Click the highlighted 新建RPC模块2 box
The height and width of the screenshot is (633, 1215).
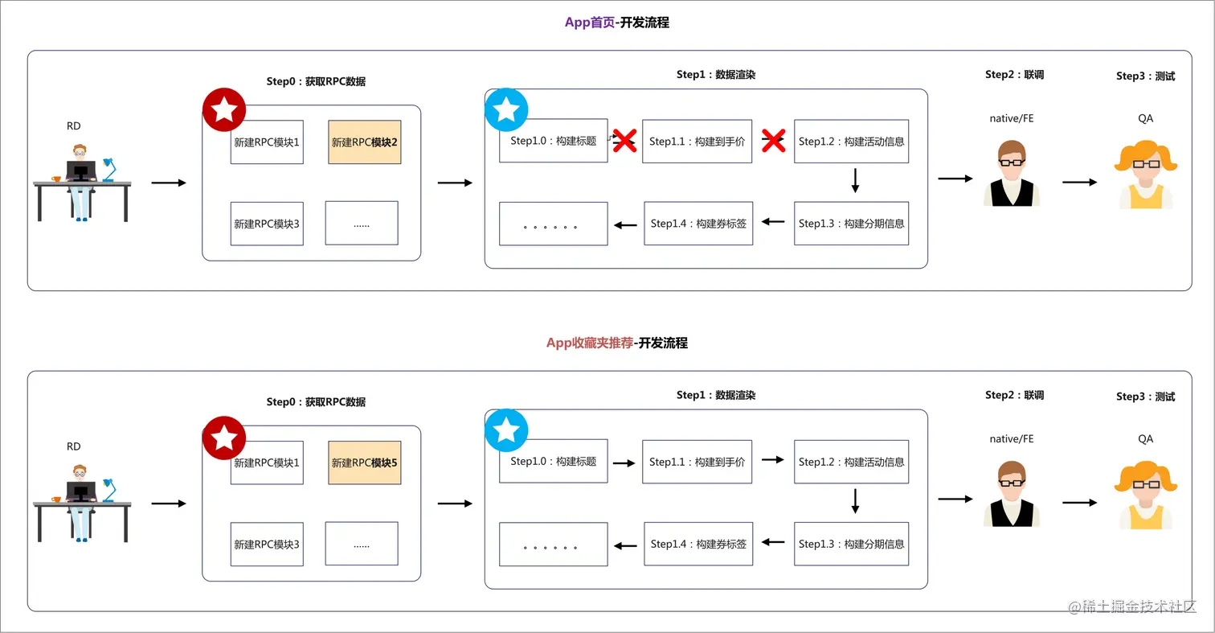[x=364, y=142]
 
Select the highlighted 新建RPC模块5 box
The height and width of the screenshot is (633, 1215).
[x=364, y=462]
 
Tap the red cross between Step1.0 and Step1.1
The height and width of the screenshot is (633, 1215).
[x=624, y=141]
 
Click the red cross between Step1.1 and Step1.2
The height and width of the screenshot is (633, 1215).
[x=773, y=141]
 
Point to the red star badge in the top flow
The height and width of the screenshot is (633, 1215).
[x=223, y=110]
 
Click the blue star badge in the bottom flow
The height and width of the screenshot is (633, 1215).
[x=506, y=431]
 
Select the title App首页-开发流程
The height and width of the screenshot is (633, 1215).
[x=616, y=23]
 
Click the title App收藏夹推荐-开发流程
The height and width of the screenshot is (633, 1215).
[x=616, y=343]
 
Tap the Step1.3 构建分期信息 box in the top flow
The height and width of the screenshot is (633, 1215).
[x=851, y=223]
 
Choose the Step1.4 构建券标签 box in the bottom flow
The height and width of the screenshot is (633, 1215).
[x=698, y=544]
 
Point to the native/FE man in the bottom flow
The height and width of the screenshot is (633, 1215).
[x=1011, y=493]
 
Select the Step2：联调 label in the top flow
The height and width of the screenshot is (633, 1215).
[x=1014, y=75]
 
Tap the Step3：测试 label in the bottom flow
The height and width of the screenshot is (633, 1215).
[x=1145, y=397]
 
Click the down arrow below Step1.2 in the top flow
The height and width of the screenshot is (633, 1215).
[x=855, y=180]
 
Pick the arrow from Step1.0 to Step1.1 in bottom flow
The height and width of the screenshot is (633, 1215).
[x=624, y=462]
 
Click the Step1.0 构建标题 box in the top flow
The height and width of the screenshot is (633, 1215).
[x=553, y=141]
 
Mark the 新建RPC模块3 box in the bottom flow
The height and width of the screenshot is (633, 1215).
[x=267, y=544]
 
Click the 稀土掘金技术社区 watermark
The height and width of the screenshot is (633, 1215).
[x=1133, y=606]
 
